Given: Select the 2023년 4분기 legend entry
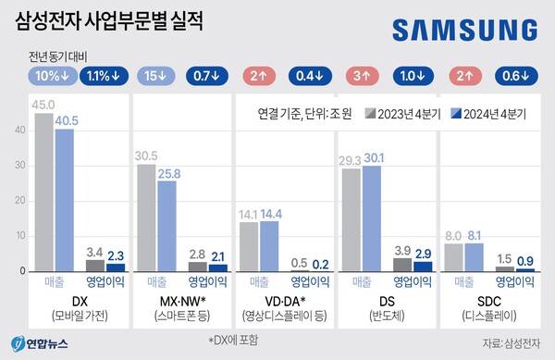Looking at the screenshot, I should point(402,115).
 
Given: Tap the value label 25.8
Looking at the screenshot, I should point(169,173).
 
